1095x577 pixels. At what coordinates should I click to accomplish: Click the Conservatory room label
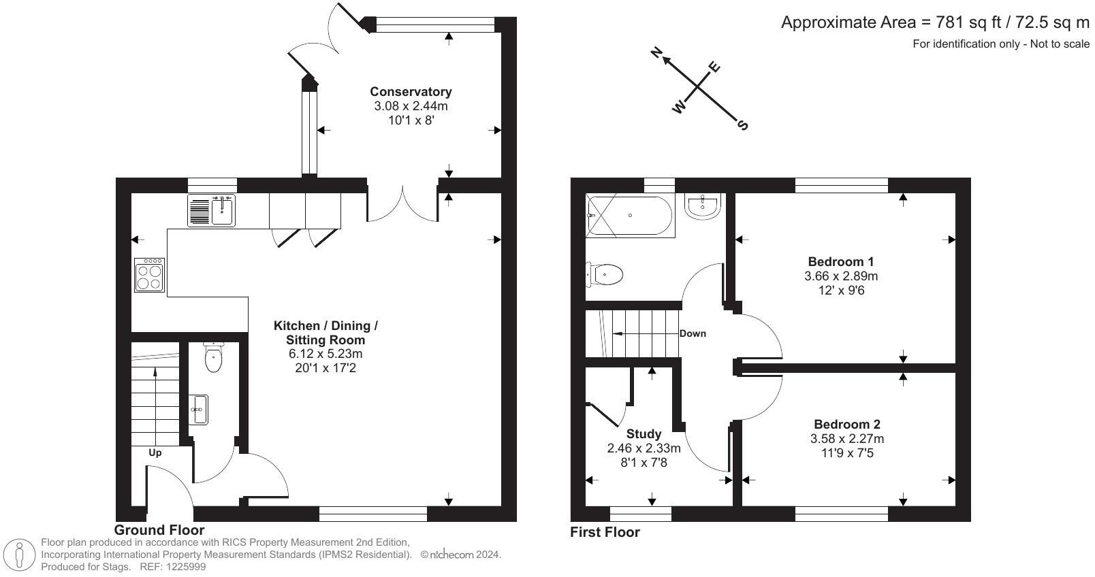(x=411, y=91)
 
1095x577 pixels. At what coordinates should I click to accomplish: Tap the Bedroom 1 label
(x=840, y=261)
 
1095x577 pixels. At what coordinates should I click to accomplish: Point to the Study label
(x=644, y=433)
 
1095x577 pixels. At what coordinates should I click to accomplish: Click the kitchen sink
(x=212, y=210)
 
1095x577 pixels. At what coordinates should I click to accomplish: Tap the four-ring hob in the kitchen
(x=150, y=275)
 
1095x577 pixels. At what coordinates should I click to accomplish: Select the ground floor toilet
(x=214, y=359)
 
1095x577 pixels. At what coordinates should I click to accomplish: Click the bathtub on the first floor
(x=630, y=216)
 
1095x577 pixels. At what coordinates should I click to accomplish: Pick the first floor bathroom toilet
(x=605, y=276)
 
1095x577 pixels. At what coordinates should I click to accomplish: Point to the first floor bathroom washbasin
(x=703, y=206)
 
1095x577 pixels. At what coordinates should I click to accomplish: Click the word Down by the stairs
(x=693, y=333)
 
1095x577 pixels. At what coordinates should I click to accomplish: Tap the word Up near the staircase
(x=155, y=452)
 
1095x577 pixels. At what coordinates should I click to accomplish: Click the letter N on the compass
(x=657, y=52)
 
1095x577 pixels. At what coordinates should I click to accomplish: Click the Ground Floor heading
(x=159, y=530)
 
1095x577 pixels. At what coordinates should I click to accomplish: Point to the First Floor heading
(x=605, y=532)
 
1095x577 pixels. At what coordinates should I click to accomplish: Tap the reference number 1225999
(x=182, y=567)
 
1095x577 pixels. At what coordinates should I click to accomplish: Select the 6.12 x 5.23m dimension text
(x=326, y=354)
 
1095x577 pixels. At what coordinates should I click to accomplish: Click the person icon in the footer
(x=20, y=555)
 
